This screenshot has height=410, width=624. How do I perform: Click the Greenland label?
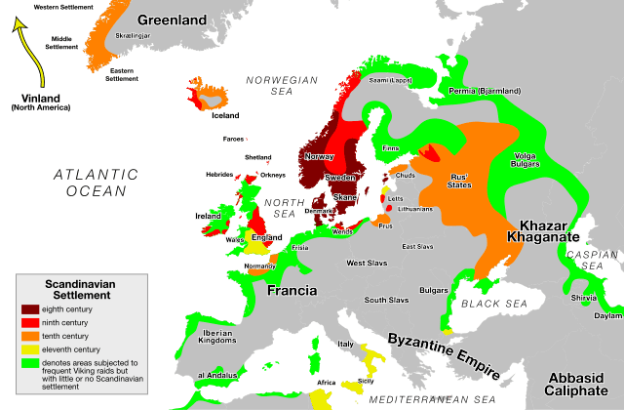172,20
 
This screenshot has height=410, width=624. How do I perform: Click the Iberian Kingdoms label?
216,336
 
